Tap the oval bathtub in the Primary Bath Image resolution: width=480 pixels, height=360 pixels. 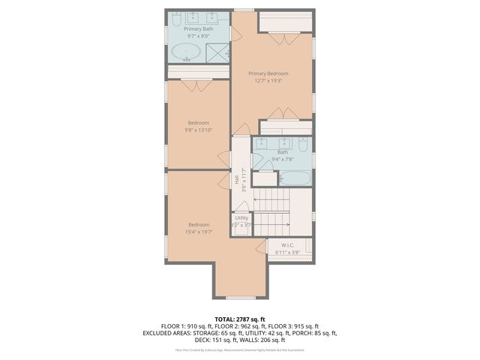[186, 52]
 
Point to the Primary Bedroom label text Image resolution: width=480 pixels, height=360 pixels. [268, 73]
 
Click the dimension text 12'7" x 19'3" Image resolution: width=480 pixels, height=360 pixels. [268, 81]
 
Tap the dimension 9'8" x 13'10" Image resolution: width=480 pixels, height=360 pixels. [199, 130]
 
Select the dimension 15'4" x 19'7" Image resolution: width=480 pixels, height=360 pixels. [199, 232]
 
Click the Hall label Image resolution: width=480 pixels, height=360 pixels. [237, 180]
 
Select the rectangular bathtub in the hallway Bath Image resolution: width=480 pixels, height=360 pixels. [294, 178]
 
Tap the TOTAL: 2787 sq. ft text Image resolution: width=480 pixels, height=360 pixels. [239, 319]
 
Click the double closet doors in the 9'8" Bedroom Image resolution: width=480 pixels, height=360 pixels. [198, 86]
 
